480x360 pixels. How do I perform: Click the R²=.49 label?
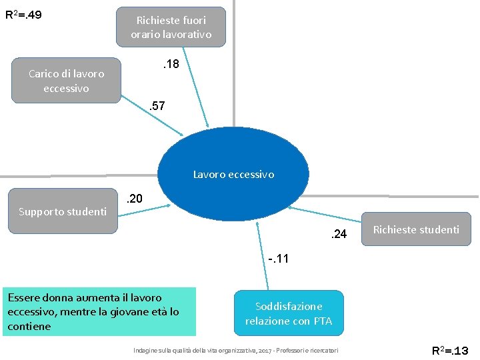(23, 14)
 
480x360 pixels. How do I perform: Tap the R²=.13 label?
(451, 350)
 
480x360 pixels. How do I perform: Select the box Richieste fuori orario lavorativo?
(171, 27)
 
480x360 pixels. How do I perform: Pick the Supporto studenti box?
(63, 212)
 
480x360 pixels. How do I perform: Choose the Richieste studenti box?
(416, 230)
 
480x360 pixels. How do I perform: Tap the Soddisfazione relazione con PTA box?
(289, 313)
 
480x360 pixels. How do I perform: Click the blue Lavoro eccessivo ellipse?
(233, 175)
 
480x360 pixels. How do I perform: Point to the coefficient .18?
(171, 65)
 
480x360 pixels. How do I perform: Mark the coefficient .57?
(157, 106)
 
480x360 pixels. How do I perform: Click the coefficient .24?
(339, 233)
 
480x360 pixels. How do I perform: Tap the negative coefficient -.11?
(279, 258)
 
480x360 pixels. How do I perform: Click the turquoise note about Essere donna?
(99, 311)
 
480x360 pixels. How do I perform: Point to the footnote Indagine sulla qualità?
(236, 350)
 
